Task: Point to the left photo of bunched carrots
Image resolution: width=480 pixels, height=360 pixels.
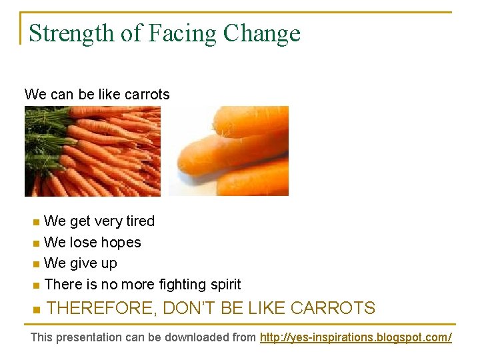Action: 93,151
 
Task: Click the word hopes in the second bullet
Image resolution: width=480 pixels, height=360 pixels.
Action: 121,243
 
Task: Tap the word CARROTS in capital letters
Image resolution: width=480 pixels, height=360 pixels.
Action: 333,308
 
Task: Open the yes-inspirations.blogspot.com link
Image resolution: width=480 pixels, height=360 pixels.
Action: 355,337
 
